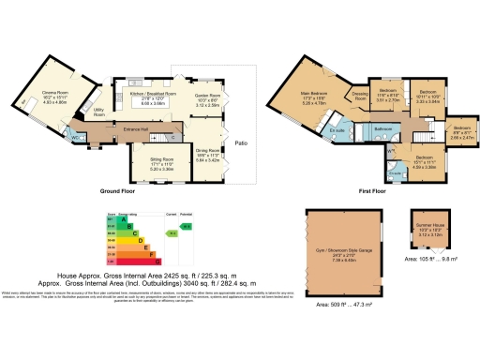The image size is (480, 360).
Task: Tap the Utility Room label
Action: [x=98, y=111]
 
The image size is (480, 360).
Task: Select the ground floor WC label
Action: [x=75, y=137]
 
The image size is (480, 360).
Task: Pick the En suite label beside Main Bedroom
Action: [x=340, y=127]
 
